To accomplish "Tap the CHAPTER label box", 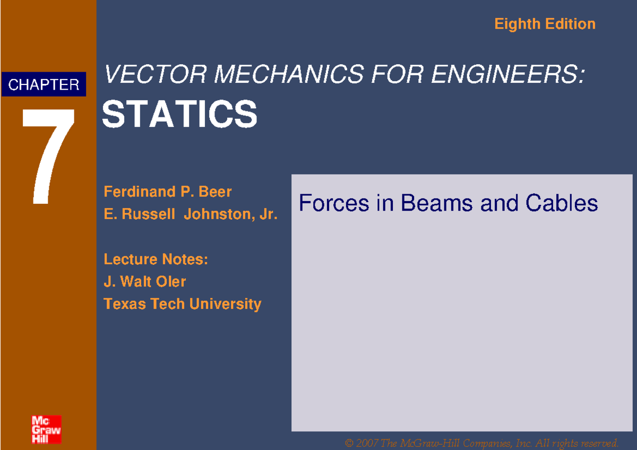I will point(44,84).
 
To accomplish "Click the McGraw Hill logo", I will point(46,429).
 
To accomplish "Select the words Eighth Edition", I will point(545,24).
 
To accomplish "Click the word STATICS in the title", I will point(179,115).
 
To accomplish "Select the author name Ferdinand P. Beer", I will point(168,191).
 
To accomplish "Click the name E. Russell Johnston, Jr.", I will point(191,214).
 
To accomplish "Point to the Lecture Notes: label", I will point(156,259).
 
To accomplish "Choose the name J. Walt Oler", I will point(144,281).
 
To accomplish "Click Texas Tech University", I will point(182,304).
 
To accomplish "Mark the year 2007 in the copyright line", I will point(366,443).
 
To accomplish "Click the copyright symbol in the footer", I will point(349,443).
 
